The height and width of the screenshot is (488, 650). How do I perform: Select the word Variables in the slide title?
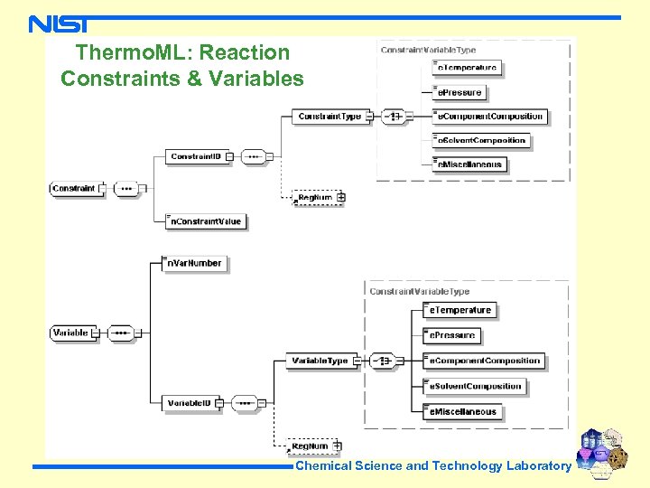coord(256,79)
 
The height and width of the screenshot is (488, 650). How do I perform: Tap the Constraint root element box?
coord(74,189)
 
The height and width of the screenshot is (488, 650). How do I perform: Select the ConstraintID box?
coord(196,156)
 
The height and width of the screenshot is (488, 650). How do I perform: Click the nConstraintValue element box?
coord(206,221)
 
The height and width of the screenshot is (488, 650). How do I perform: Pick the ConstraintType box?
coord(330,117)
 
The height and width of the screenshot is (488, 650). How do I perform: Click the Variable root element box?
coord(71,333)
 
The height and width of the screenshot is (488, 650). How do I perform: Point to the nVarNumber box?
coord(194,263)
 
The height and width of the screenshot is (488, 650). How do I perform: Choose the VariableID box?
coord(190,402)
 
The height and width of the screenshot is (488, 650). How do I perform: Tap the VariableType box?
coord(320,361)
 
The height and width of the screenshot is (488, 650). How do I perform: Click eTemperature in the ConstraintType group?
coord(467,68)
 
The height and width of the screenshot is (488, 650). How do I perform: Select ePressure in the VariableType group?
coord(453,335)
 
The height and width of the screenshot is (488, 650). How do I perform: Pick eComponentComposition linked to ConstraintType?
coord(490,117)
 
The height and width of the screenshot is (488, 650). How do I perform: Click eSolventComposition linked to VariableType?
coord(475,386)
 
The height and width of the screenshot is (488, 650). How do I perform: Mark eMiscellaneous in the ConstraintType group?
coord(469,164)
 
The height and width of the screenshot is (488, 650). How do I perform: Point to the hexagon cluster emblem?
coord(604,448)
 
